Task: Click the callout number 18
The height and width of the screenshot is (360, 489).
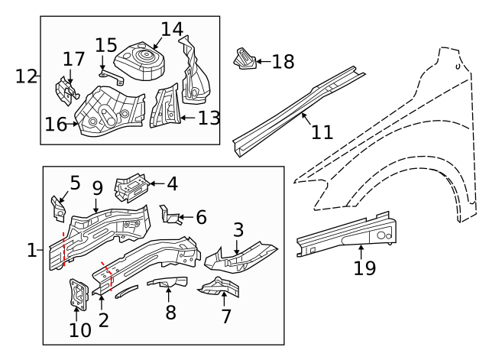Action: click(x=283, y=62)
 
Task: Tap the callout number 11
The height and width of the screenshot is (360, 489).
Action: click(x=322, y=131)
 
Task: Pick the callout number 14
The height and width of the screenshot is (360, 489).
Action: click(x=172, y=30)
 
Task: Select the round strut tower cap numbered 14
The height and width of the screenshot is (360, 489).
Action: click(x=140, y=59)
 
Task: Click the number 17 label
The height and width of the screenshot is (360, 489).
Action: click(x=73, y=59)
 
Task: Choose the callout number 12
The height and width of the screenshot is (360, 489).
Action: click(x=26, y=76)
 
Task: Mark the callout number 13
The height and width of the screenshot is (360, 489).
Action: click(x=209, y=118)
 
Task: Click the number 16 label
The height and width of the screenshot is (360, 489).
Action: click(x=56, y=125)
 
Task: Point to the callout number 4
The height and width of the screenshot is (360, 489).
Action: click(x=172, y=184)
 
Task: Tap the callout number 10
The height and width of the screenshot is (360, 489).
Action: click(x=80, y=329)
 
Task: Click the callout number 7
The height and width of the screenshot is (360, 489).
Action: click(x=225, y=316)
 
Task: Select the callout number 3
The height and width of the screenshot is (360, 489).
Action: click(x=238, y=229)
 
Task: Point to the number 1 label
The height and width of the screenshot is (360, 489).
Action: click(x=31, y=250)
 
